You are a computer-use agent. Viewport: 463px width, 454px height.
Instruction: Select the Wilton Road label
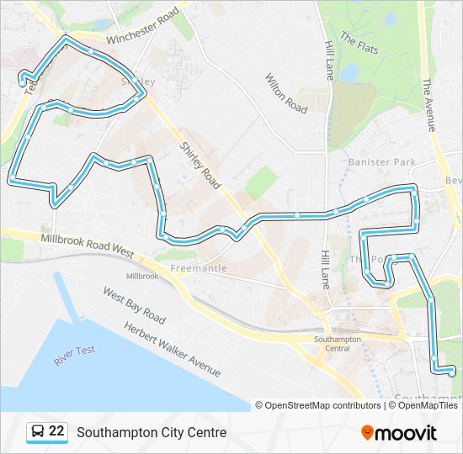pos(286,93)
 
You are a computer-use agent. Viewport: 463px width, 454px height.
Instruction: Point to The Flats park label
pos(359,43)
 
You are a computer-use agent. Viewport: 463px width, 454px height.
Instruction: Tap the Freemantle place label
pos(199,268)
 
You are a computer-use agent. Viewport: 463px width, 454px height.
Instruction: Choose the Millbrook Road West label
pos(87,245)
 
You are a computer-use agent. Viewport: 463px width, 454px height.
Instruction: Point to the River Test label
pos(75,355)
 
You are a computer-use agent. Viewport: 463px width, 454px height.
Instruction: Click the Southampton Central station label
pos(338,343)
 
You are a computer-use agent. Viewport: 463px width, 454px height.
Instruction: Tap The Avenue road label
pos(428,104)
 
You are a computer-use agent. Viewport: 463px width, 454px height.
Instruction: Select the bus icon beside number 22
pos(38,432)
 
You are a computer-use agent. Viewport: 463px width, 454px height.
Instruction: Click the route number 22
pos(56,432)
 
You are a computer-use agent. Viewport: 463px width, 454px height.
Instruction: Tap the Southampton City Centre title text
pos(152,433)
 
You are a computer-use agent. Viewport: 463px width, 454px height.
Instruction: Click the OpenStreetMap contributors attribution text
pos(322,405)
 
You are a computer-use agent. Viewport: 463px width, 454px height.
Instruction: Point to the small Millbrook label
pos(141,276)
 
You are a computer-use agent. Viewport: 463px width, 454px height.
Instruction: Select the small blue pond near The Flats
pos(350,73)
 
